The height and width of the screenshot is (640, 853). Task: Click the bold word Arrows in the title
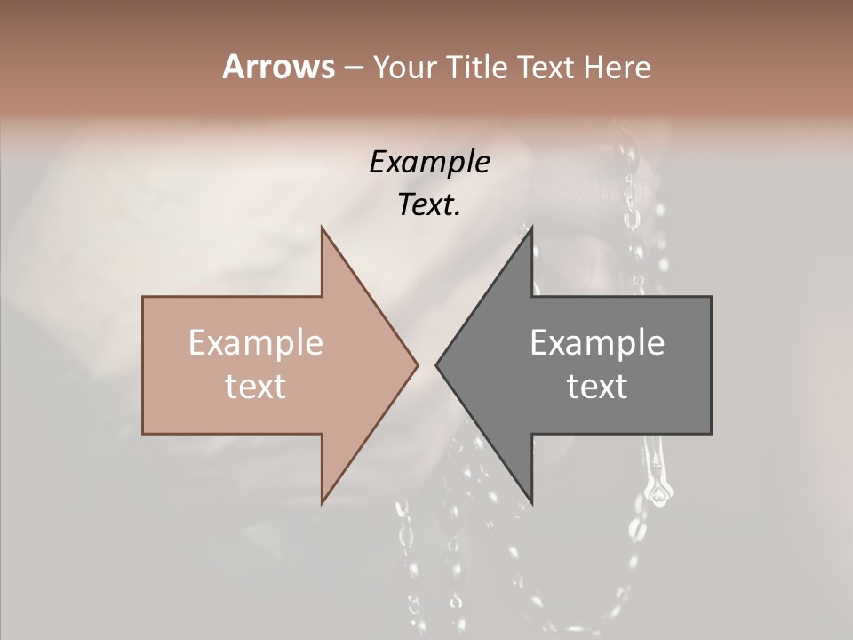[x=278, y=67]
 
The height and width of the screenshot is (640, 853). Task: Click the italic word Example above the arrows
[x=429, y=162]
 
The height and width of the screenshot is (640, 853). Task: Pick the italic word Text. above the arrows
[x=429, y=204]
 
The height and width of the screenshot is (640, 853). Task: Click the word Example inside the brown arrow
[x=256, y=342]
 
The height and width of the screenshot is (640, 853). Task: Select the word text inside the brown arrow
[x=256, y=386]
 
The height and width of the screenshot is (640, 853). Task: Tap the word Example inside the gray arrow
[x=597, y=342]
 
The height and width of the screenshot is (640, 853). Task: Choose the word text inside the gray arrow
[x=597, y=386]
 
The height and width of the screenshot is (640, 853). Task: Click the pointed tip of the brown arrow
[x=418, y=364]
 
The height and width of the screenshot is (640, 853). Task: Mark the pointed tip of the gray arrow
[x=436, y=364]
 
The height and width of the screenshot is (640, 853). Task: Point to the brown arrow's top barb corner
[x=322, y=228]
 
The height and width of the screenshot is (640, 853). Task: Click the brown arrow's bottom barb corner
[x=322, y=502]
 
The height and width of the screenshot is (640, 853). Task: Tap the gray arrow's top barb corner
[x=531, y=228]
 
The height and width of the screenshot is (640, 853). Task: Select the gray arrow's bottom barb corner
[x=531, y=502]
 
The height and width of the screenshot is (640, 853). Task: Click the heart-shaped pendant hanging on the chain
[x=658, y=492]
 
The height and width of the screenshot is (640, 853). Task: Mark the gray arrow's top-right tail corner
[x=711, y=297]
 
